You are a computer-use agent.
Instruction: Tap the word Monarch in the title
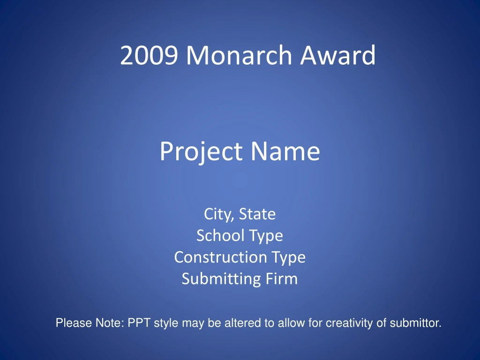[x=240, y=56]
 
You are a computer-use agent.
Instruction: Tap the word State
[x=257, y=214]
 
